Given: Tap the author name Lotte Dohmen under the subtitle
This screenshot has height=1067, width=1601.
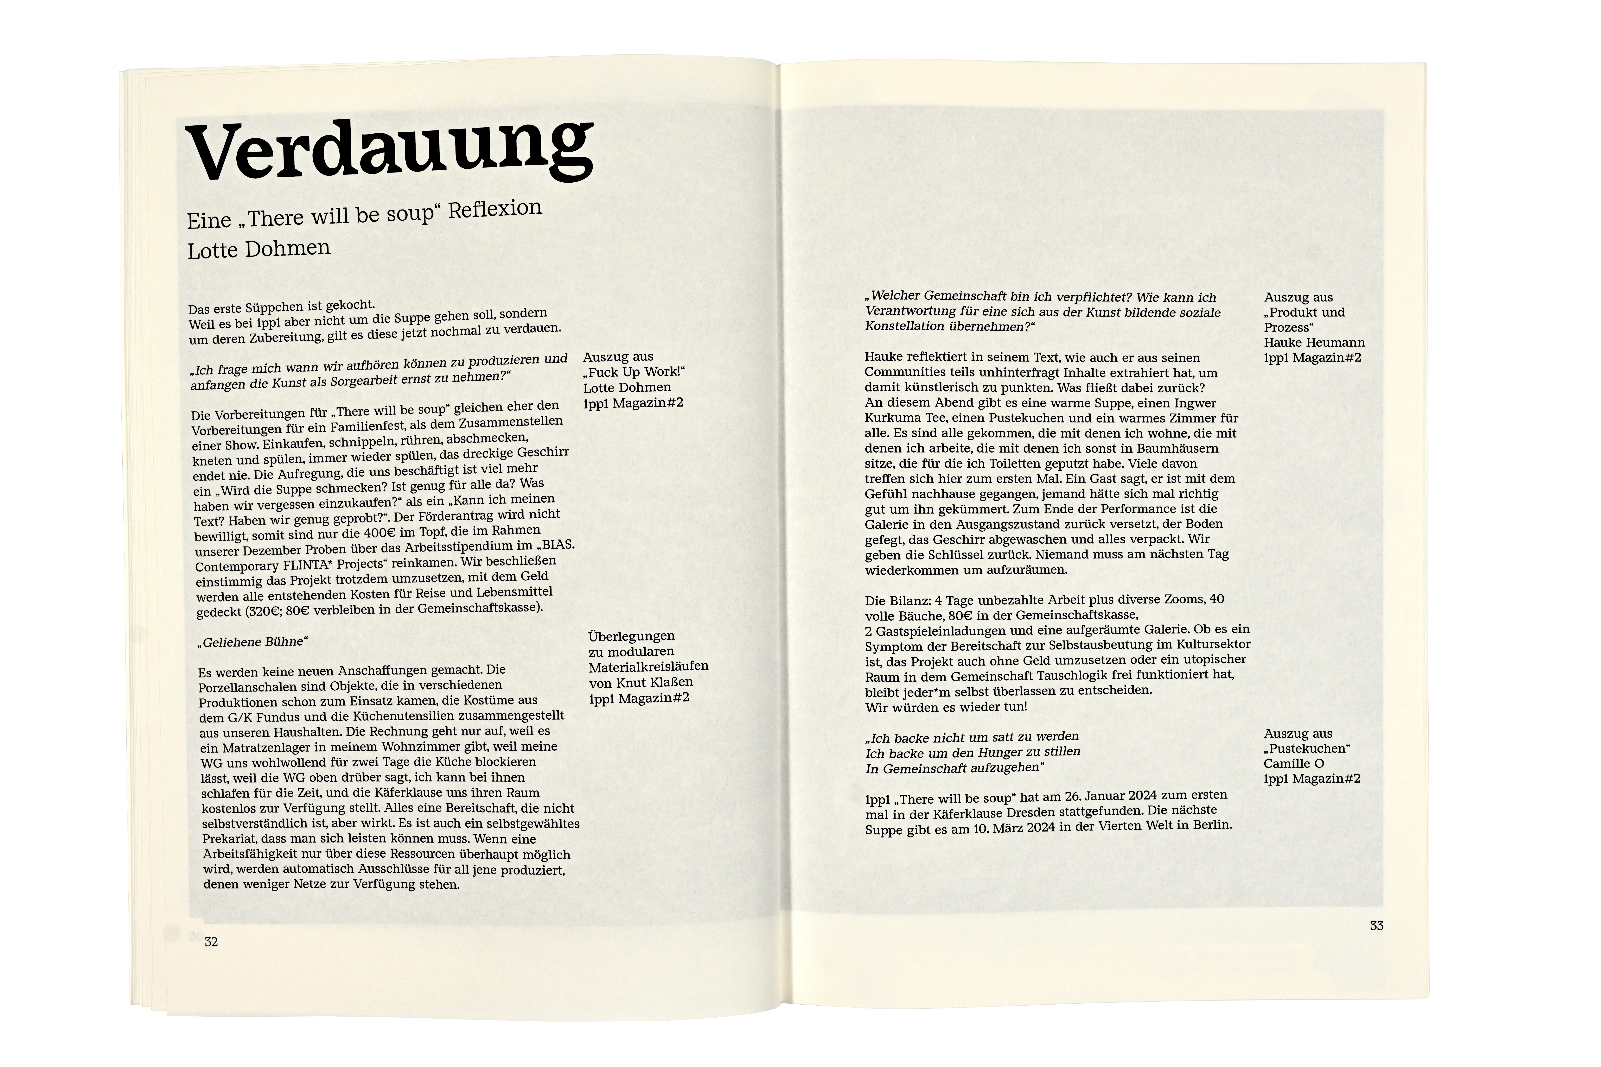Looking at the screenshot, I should click(259, 249).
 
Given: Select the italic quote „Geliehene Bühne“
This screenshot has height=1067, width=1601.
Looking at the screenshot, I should click(252, 642).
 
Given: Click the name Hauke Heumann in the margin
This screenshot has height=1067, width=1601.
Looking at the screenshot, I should click(1314, 342).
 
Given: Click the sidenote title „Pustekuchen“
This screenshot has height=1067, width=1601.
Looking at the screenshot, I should click(1307, 748).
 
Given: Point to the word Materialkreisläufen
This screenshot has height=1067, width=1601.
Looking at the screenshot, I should click(648, 666).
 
